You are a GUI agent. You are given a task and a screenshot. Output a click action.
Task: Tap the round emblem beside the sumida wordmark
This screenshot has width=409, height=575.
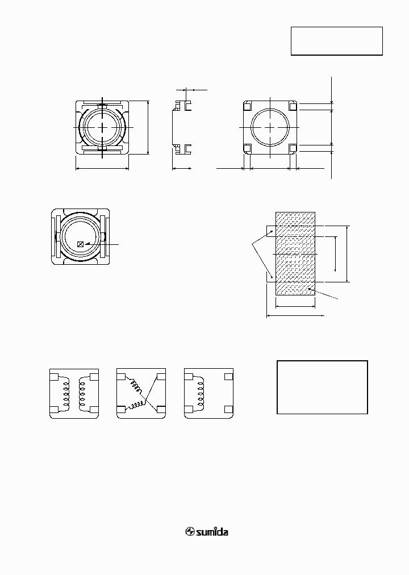coord(190,532)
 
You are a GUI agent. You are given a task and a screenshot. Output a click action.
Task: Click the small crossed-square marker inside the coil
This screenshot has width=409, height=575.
coord(80,244)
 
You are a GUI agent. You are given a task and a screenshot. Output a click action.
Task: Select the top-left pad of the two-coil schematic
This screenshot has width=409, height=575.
coord(54,376)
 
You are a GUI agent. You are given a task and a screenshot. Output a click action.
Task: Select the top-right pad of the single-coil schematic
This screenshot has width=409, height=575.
coord(228,376)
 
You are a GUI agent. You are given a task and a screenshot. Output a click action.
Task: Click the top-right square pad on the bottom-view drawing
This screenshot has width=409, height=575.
coord(293,106)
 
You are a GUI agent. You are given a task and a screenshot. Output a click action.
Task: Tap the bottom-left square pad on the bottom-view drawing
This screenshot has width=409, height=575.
coord(248,148)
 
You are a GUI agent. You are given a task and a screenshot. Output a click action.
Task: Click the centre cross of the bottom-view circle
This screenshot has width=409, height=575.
coord(270,127)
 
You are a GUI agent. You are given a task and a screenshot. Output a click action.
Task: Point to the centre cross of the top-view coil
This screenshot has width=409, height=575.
coord(102,127)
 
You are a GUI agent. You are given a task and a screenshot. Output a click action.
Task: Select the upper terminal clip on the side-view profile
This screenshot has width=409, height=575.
coord(182,106)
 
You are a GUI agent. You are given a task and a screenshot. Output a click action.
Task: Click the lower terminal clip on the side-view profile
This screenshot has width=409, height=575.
coord(182,149)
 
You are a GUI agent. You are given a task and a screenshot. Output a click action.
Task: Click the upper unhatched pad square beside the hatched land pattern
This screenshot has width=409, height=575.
coord(271,230)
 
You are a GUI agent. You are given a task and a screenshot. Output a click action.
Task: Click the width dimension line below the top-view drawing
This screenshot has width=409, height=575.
coord(102,168)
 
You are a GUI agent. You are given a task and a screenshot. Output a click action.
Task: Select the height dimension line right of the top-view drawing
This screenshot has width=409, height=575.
coord(148,127)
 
